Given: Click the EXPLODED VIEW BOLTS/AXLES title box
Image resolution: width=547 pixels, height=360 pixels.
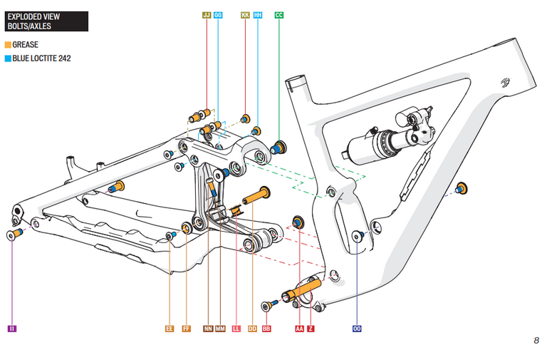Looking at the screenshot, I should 46,21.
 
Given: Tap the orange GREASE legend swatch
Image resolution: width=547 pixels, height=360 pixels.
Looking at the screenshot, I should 8,45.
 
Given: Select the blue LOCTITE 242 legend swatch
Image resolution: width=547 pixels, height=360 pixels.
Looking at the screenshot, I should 8,58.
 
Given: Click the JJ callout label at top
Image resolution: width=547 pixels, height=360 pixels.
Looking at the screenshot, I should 207,14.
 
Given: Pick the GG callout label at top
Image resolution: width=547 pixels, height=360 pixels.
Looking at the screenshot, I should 218,14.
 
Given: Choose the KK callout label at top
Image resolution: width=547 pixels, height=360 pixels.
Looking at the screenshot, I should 245,14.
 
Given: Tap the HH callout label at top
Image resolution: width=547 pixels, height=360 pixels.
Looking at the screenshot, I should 258,14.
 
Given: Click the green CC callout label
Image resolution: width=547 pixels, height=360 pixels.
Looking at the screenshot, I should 279,14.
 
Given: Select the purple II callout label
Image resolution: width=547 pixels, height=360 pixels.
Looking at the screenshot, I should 12,329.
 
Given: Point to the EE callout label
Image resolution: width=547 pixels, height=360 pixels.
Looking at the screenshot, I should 170,329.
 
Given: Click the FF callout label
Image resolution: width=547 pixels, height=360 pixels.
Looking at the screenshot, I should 187,329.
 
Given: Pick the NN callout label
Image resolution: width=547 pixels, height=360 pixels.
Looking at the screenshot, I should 208,329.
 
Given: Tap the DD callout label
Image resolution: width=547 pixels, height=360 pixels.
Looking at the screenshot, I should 252,329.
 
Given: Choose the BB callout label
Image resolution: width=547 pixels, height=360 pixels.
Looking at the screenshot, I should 266,329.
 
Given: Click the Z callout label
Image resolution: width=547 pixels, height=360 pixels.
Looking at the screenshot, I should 311,329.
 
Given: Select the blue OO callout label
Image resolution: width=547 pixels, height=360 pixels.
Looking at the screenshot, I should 357,329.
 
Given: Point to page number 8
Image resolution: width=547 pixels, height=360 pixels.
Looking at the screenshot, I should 536,340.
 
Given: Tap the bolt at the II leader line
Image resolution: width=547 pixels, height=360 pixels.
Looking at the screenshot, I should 14,235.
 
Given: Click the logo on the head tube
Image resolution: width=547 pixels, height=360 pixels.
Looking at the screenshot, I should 506,83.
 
